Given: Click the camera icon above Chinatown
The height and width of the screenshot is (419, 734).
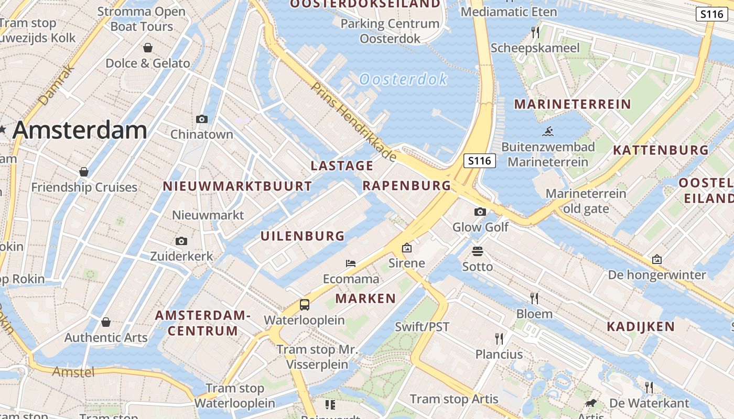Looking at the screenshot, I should point(202,119).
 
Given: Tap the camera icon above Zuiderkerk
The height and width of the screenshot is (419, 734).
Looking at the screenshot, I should point(181,241).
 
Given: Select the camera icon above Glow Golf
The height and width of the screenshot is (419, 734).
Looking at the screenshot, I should point(480,212).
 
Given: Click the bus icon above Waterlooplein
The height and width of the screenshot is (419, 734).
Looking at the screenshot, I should point(305,304).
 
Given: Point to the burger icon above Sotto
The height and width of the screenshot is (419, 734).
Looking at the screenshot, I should point(478,251).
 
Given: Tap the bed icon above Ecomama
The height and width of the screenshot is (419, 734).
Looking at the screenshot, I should point(351,263).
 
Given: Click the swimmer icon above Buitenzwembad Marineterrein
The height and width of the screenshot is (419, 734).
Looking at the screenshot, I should point(548,131).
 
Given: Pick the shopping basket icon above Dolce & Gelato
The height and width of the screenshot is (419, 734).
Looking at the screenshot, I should point(148,48).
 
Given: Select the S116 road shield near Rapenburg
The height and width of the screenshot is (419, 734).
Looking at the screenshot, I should point(480,161).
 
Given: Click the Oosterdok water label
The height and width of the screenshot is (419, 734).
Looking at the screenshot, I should point(403,79).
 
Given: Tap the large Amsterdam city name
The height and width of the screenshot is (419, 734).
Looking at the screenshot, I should point(80,130).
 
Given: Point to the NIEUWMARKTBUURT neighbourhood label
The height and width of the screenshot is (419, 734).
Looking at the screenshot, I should point(238,186).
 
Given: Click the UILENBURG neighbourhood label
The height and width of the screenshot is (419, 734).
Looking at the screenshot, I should point(303,236).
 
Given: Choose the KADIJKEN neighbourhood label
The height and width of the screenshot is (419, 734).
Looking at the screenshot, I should point(641,327).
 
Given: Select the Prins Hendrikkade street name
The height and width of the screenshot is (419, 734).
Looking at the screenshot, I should point(353,121).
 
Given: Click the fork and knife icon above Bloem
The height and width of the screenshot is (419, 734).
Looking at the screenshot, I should point(534,299).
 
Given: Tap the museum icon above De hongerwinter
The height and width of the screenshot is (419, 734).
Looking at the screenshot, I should point(657,259).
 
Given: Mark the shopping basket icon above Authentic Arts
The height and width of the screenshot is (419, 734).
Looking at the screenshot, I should point(106,322).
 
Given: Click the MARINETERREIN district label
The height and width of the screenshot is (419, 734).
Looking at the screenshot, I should point(573,104).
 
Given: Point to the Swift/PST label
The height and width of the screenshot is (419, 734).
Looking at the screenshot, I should point(422,327).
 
